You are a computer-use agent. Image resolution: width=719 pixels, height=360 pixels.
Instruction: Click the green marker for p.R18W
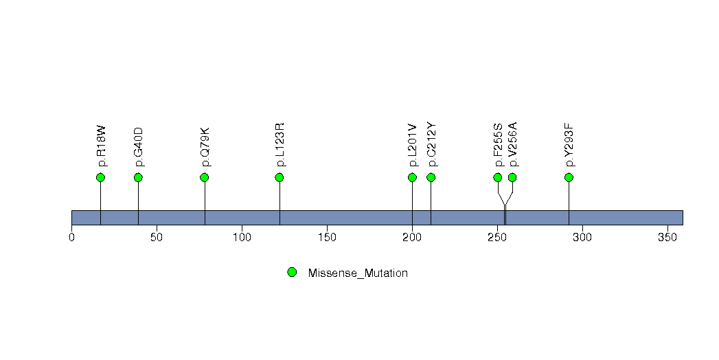[x=101, y=177]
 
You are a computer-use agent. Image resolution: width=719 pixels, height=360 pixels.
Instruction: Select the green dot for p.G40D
[x=138, y=177]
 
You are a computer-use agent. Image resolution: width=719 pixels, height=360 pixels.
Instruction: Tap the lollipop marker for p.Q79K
[x=205, y=177]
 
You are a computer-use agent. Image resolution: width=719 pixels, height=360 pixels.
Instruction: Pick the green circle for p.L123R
[x=279, y=177]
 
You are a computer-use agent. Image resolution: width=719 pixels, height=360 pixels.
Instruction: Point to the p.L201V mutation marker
[x=412, y=177]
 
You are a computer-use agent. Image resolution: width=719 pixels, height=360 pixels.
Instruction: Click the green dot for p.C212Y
[x=431, y=177]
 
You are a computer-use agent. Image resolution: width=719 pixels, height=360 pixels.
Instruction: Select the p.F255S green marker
[x=497, y=177]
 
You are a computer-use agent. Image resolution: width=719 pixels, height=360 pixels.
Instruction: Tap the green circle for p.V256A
[x=512, y=177]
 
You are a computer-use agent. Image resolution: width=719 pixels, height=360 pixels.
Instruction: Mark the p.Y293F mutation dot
[x=569, y=177]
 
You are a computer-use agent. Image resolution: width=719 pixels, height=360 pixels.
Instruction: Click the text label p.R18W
[x=102, y=146]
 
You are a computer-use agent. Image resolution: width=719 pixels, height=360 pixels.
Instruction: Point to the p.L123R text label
[x=280, y=144]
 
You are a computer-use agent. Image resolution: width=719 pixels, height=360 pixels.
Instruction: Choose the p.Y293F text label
[x=570, y=145]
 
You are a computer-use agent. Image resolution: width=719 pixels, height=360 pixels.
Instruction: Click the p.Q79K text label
[x=205, y=146]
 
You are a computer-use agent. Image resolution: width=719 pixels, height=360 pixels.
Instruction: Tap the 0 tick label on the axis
[x=71, y=238]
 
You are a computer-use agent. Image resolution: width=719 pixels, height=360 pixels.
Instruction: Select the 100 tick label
[x=242, y=238]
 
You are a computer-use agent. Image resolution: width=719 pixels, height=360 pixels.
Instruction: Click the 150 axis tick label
[x=327, y=238]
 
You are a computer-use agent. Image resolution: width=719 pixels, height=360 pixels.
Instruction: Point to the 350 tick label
[x=667, y=238]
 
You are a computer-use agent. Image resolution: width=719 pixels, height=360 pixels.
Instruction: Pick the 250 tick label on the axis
[x=497, y=238]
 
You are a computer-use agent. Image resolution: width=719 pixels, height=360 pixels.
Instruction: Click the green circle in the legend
[x=292, y=273]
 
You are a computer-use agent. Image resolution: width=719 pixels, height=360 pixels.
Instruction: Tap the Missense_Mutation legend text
[x=358, y=273]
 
